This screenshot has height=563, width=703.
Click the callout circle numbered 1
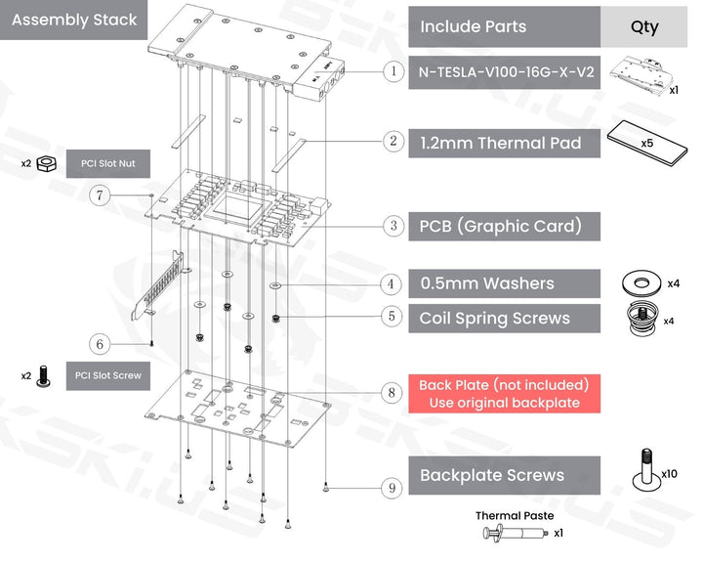(392, 71)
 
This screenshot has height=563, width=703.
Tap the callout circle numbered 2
(393, 142)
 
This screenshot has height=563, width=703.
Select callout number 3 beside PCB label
(393, 226)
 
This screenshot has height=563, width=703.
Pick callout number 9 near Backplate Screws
(392, 486)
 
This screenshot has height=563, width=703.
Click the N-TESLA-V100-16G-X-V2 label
(505, 71)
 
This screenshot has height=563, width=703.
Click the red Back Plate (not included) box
(505, 394)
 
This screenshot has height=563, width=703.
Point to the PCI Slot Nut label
(107, 163)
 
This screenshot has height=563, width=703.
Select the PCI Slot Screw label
(107, 375)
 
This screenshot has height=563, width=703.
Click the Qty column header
(644, 27)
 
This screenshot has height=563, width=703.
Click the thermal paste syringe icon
(515, 534)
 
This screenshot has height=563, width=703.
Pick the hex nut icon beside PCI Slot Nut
(45, 163)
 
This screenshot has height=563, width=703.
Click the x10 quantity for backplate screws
(669, 474)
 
